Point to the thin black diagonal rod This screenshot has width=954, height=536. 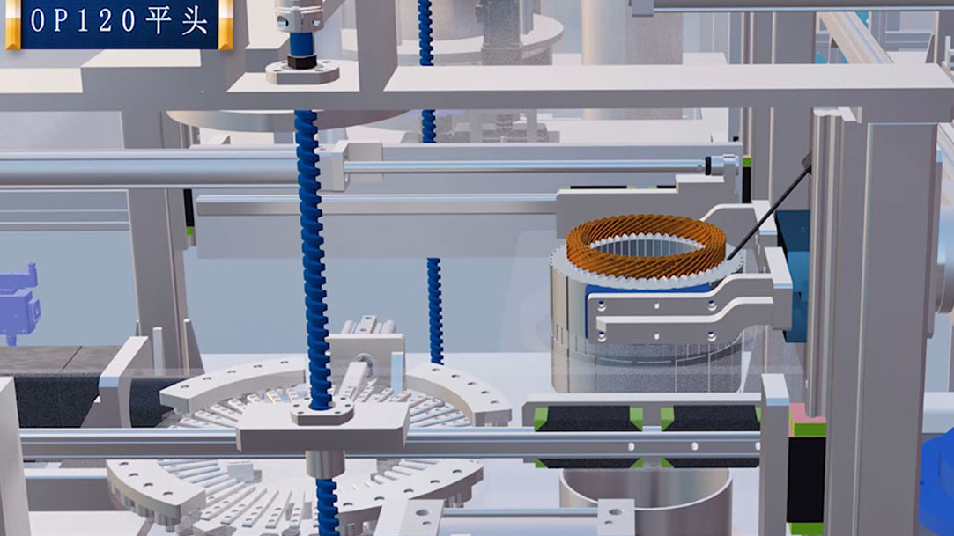pyautogui.click(x=770, y=207)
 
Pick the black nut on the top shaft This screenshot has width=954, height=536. pyautogui.click(x=302, y=61)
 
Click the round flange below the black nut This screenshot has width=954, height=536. pyautogui.click(x=302, y=73)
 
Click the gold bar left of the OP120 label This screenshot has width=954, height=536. pyautogui.click(x=13, y=25)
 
